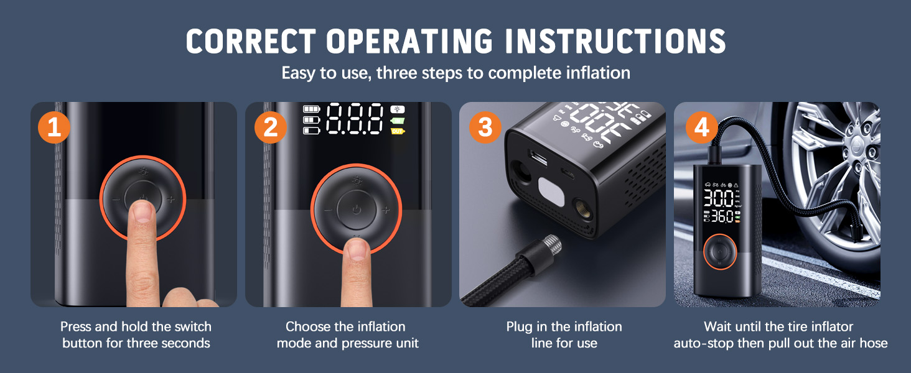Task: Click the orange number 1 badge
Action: [54, 127]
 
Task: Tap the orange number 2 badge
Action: [270, 127]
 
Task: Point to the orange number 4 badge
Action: [701, 127]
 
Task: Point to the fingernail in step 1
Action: [143, 211]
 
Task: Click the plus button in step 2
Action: [386, 210]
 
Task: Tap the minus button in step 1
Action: [116, 200]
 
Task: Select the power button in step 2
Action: [356, 210]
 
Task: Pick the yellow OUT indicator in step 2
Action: [397, 131]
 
